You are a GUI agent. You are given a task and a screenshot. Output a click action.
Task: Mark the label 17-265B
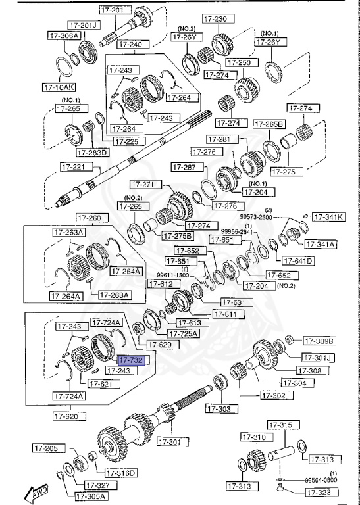(269, 124)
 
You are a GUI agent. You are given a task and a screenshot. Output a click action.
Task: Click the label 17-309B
(319, 341)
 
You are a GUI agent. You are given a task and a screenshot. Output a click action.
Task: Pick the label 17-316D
(120, 473)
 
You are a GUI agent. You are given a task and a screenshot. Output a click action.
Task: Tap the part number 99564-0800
(320, 480)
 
